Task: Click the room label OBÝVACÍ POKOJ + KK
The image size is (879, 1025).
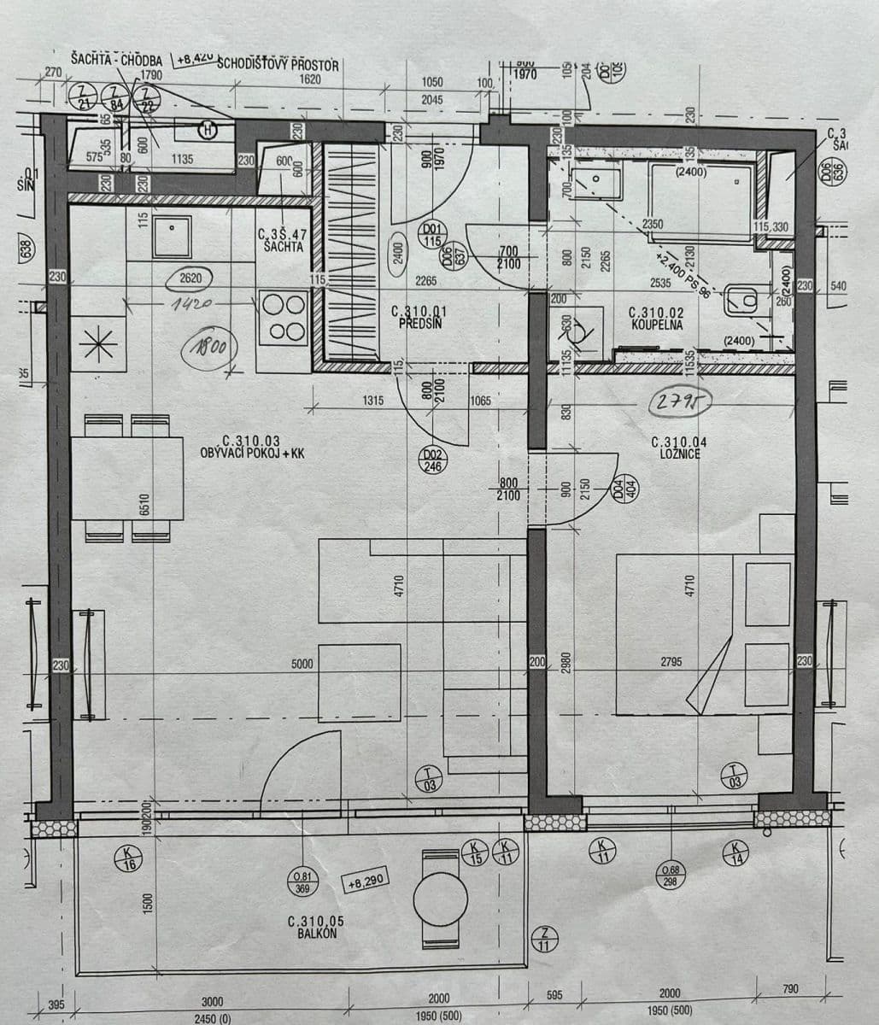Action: tap(251, 448)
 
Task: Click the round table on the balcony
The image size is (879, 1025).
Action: tap(440, 898)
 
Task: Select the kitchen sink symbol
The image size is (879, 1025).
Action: tap(172, 237)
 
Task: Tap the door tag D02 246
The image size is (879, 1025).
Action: tap(433, 461)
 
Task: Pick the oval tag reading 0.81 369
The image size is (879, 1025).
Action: tap(303, 882)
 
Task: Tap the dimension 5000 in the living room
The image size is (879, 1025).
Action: tap(302, 663)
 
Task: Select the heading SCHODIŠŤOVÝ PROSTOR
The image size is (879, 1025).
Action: tap(278, 65)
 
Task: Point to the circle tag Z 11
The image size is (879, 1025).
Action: tap(544, 939)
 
